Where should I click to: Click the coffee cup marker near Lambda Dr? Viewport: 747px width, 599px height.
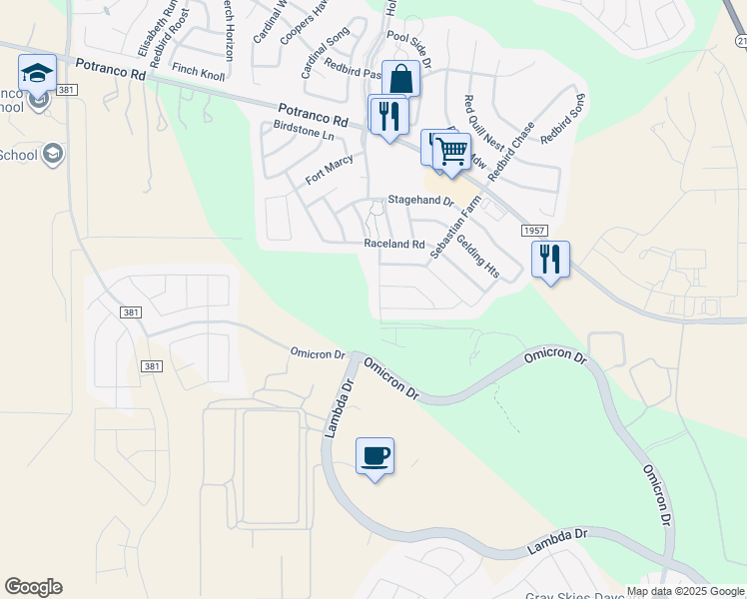pos(374,456)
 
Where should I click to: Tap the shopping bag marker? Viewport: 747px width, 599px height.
pos(400,79)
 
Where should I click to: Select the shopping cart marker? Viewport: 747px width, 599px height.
pos(452,152)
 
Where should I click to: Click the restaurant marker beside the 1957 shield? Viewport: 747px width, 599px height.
pos(550,260)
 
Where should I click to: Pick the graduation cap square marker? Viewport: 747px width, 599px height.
pos(38,73)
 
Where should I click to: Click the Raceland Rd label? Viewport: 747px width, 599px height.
pos(394,244)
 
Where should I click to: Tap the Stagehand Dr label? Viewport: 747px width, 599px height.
pos(420,202)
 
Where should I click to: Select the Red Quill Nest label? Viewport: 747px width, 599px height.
pos(476,129)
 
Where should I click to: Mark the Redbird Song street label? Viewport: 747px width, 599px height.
pos(562,120)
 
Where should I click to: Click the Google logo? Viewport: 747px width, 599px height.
pos(33,587)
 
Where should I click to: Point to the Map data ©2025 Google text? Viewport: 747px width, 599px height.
pos(684,591)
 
